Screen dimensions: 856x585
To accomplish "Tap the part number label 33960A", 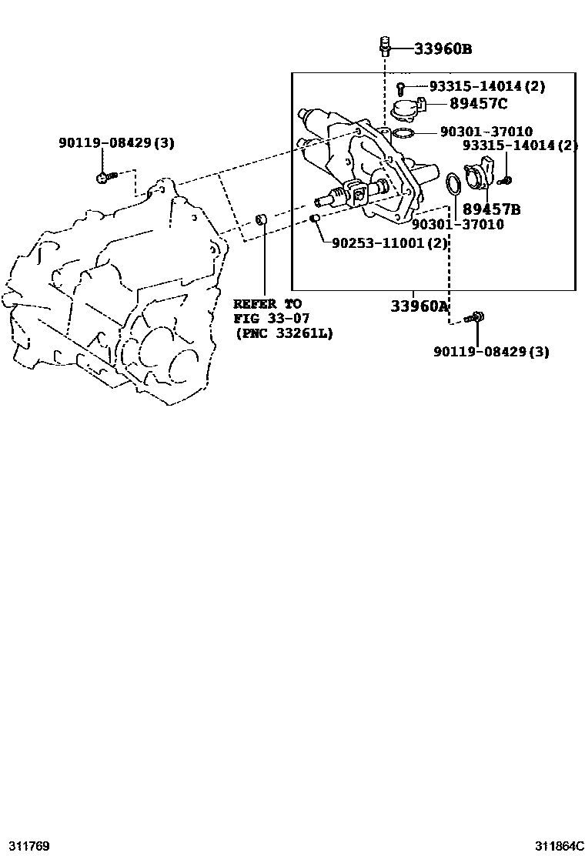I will tap(420, 306).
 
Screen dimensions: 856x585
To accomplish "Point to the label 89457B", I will tap(492, 209).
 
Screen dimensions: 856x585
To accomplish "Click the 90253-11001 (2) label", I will tap(389, 243).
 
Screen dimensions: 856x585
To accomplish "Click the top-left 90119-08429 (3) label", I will tap(116, 142).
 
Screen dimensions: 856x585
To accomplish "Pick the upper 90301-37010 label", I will tap(486, 132).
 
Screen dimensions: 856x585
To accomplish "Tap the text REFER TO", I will tap(267, 304).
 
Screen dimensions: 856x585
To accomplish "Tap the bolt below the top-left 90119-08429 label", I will tap(105, 177).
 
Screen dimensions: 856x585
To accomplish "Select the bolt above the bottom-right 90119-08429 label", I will tap(476, 316).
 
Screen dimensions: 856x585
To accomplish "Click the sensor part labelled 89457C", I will tap(407, 109).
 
